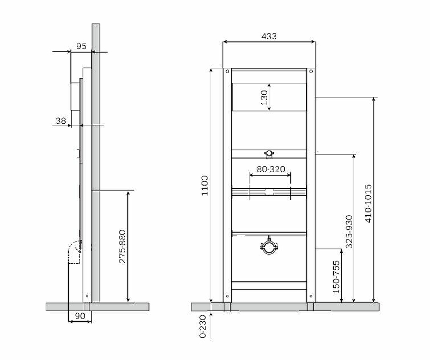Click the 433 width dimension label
point(269,36)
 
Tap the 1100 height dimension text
point(205,186)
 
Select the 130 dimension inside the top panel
point(264,97)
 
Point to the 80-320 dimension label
point(271,169)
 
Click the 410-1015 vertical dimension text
point(368,203)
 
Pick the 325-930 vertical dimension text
point(349,231)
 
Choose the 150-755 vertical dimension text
point(336,277)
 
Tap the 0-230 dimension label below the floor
point(203,326)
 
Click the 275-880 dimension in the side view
point(123,246)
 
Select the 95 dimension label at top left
point(81,46)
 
